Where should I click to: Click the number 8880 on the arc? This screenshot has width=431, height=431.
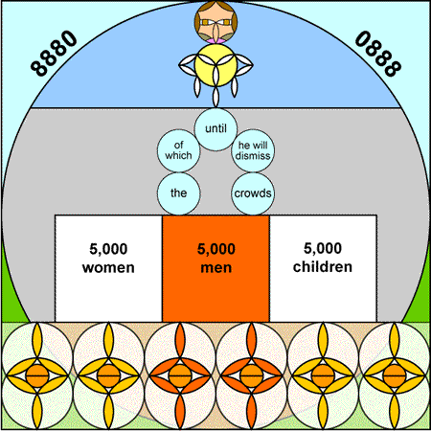tap(54, 53)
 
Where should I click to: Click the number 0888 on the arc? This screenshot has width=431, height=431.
tap(378, 53)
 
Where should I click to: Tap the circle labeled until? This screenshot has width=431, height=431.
tap(215, 129)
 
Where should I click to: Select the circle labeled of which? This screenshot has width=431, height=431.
tap(178, 150)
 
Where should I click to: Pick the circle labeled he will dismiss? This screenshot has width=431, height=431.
tap(253, 150)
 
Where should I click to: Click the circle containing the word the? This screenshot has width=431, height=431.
tap(178, 193)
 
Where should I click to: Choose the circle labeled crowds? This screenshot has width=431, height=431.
tap(253, 193)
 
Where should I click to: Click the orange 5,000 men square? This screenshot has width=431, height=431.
tap(215, 268)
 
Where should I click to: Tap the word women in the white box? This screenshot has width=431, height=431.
tap(108, 267)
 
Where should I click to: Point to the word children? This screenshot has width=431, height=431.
tap(323, 267)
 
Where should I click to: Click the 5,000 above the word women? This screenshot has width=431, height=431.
tap(108, 249)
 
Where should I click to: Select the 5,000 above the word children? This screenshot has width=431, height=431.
tap(323, 248)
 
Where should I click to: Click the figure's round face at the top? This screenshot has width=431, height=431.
tap(215, 22)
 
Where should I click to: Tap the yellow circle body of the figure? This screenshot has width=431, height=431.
tap(215, 65)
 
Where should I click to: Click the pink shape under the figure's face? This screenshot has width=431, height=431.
tap(215, 41)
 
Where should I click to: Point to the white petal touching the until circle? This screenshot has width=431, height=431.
tap(215, 97)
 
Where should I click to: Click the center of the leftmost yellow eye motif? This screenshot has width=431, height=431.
tap(37, 375)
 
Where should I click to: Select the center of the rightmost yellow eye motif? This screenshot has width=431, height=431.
tap(395, 375)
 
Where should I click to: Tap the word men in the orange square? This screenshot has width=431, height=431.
tap(216, 267)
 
